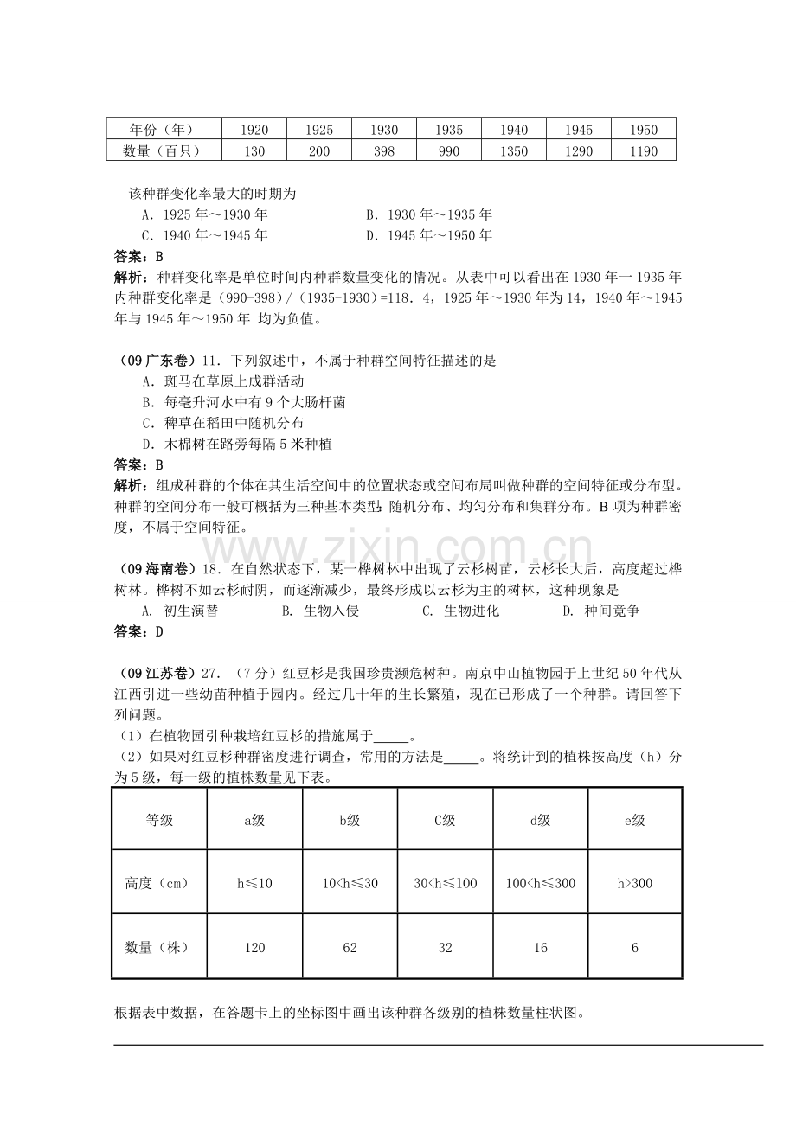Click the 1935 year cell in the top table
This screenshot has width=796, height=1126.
448,130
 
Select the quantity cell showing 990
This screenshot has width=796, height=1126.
448,151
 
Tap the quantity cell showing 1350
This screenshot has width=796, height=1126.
514,151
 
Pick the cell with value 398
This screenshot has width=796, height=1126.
384,151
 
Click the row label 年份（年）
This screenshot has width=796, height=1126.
163,130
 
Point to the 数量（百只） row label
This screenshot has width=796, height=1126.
163,151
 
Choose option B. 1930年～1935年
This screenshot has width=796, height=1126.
428,214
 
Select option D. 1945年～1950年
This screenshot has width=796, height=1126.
428,235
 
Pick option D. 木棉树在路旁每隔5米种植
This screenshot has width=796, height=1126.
237,444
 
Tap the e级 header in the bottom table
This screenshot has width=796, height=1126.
635,820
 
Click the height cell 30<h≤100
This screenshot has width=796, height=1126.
445,883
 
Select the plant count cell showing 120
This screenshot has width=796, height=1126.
254,947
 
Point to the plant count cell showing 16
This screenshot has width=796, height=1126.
540,947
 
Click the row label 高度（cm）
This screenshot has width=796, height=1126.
158,883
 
